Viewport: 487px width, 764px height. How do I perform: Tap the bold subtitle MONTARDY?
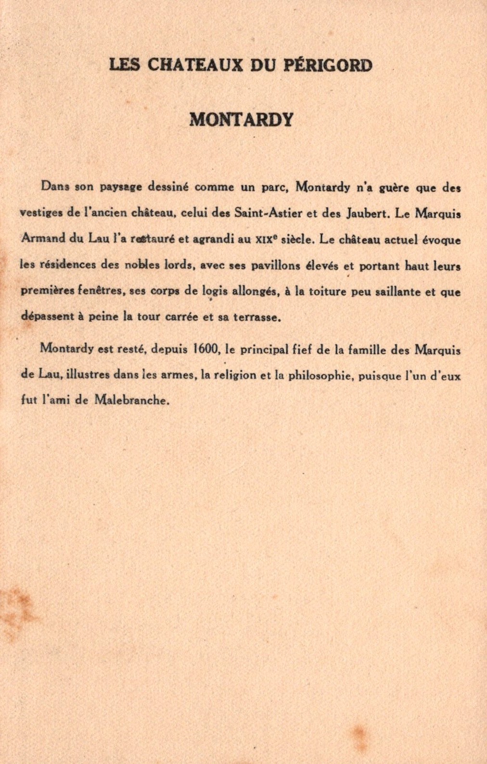tap(241, 119)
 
